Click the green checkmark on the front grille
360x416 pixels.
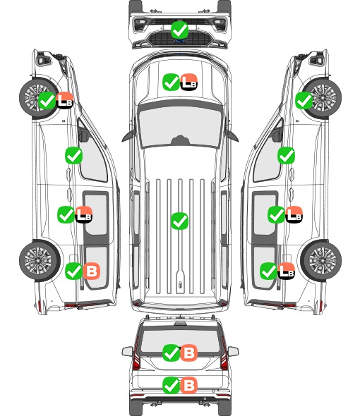[179, 30]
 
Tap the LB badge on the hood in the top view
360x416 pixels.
[189, 82]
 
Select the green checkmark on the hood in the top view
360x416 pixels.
[171, 82]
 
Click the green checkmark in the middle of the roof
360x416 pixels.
[179, 221]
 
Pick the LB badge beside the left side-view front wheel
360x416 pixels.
[64, 100]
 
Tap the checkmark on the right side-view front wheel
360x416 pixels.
[304, 100]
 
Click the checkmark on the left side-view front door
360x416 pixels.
[73, 155]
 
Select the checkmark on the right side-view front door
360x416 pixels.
[286, 155]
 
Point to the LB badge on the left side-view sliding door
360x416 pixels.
[84, 214]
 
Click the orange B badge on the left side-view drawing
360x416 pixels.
[91, 271]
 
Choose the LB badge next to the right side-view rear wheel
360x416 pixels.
[286, 271]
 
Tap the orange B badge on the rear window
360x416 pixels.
[189, 353]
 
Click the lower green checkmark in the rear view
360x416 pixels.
[171, 385]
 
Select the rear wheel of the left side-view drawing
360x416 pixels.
[40, 260]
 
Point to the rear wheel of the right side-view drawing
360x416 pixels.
[321, 260]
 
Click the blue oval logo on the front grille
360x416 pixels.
[180, 41]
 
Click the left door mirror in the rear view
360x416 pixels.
[127, 351]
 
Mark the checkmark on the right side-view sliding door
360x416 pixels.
[276, 214]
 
